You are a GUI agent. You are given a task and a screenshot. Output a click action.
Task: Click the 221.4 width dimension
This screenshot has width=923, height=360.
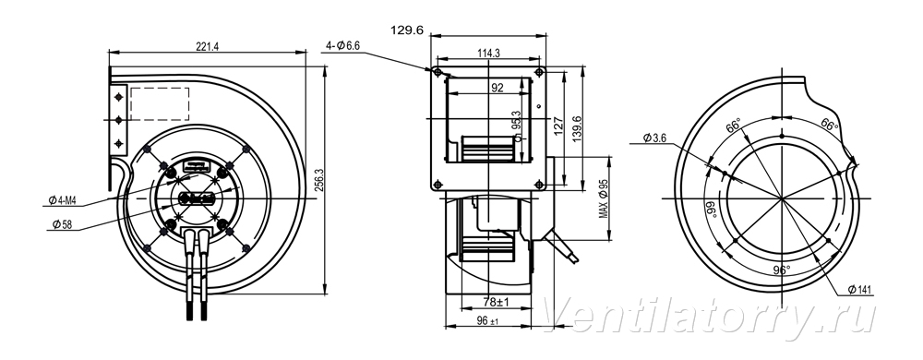coord(207,46)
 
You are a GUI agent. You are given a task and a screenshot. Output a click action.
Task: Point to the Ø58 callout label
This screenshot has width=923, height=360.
coord(61,224)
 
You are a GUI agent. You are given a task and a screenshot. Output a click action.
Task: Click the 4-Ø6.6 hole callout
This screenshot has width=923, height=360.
coord(343,46)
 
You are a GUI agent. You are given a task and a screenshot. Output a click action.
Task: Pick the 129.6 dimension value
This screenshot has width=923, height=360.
coord(407,30)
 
